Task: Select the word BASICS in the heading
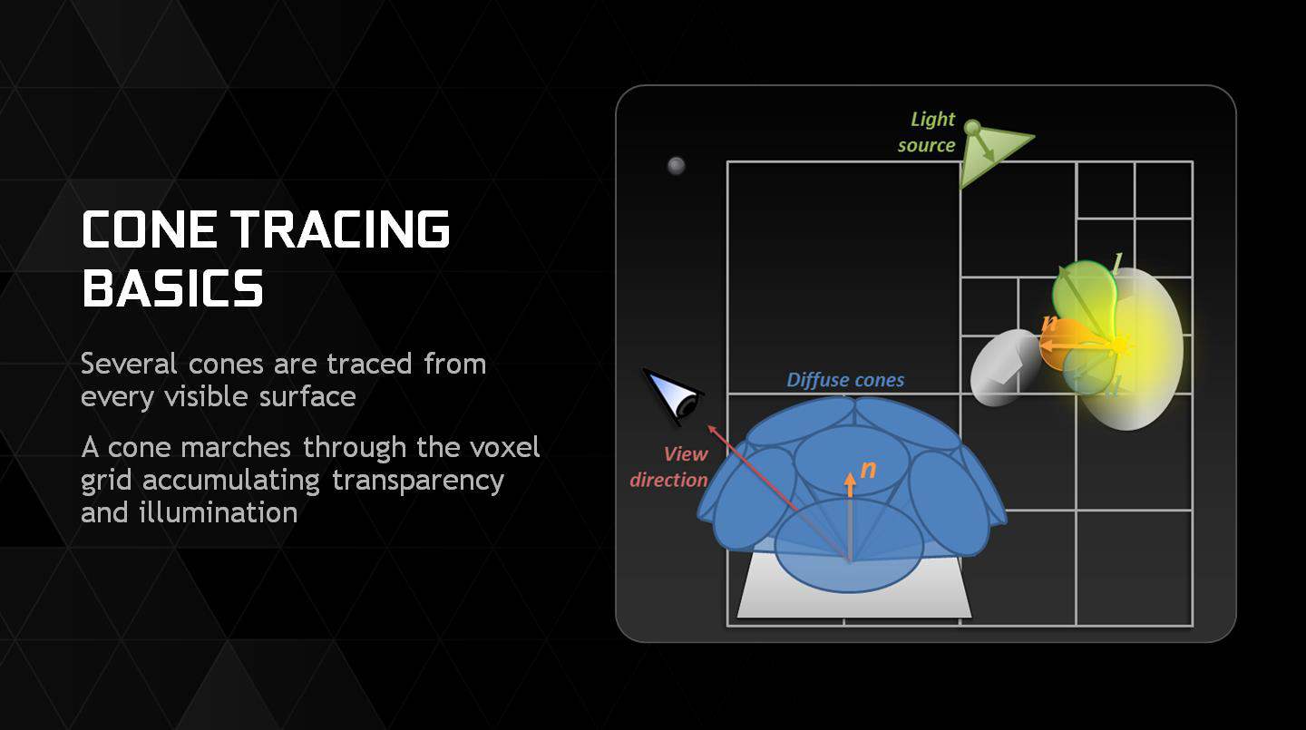(x=172, y=288)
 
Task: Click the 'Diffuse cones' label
(x=845, y=380)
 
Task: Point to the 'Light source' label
(x=927, y=132)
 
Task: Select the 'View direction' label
(x=669, y=467)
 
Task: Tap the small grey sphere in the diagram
(x=676, y=166)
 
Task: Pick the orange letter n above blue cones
(x=868, y=470)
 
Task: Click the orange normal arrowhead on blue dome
(x=850, y=480)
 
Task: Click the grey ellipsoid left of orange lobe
(x=1004, y=367)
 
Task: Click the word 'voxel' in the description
(x=505, y=448)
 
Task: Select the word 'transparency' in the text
(x=417, y=482)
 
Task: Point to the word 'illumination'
(x=218, y=512)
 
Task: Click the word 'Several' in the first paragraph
(x=129, y=364)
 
